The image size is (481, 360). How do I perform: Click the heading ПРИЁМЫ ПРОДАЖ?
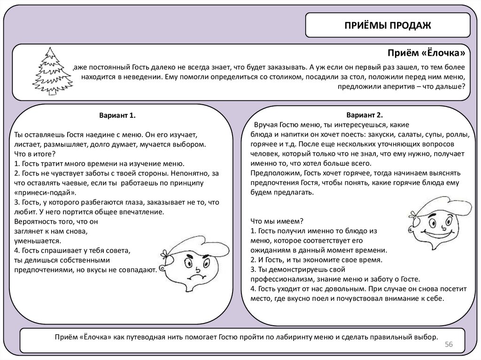coord(388,25)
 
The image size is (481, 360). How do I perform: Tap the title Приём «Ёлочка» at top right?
coord(427,52)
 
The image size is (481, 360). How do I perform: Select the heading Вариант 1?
coord(117,115)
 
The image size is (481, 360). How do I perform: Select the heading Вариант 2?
coord(365,115)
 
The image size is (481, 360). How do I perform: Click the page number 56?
coord(448,345)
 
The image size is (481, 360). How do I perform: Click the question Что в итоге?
coord(35,154)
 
